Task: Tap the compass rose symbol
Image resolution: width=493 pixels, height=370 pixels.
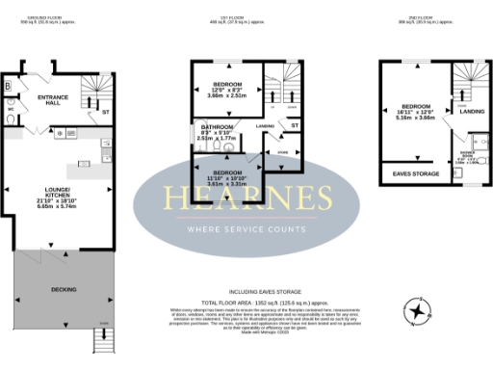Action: (416, 310)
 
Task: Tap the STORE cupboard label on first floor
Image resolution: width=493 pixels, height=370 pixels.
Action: (283, 152)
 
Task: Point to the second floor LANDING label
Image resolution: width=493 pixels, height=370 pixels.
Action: (473, 112)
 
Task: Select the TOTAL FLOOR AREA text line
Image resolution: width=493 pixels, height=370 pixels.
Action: (246, 303)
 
